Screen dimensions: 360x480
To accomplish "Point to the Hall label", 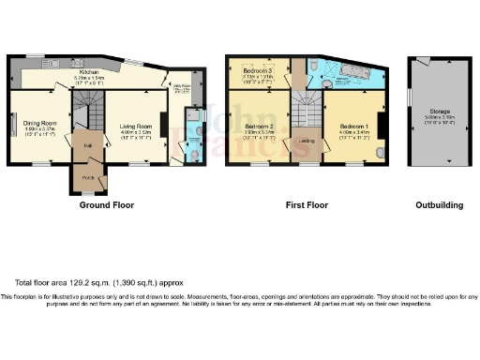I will [86, 145].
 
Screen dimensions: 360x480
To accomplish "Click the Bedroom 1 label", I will [354, 126].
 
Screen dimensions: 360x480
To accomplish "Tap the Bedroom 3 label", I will [257, 70].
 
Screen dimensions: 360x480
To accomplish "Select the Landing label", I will [306, 142].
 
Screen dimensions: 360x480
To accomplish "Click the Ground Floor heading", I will [106, 204].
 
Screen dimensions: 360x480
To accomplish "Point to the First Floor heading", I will [307, 204].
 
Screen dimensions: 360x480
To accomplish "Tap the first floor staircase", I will [302, 105].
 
